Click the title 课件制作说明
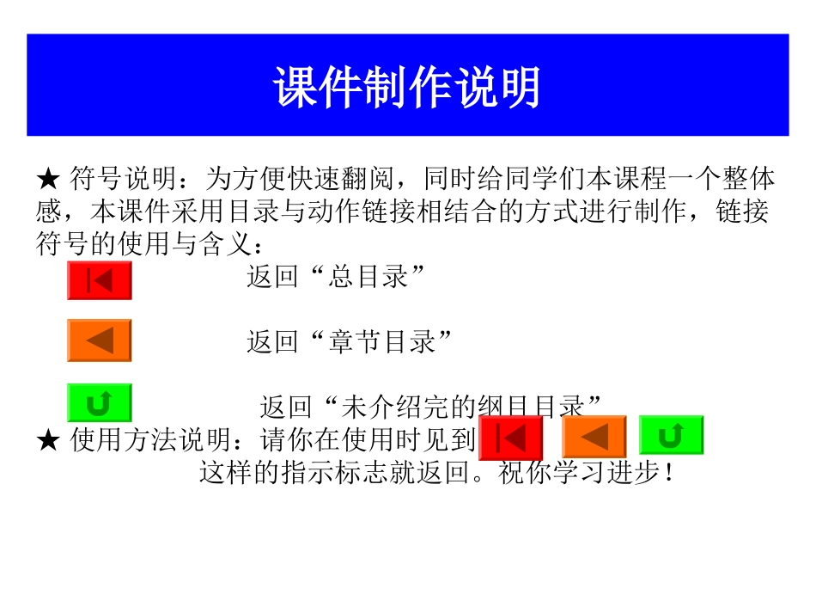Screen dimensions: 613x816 (407, 87)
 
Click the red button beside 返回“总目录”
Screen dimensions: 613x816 (100, 281)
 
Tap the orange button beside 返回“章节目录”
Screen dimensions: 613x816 (100, 340)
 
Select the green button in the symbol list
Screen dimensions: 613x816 (100, 402)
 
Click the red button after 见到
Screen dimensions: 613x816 (511, 438)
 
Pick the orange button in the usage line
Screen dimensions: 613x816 (594, 437)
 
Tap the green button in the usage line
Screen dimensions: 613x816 (671, 436)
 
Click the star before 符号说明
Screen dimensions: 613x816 (48, 180)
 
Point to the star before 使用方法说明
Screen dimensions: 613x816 (48, 441)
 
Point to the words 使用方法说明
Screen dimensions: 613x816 (151, 441)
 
